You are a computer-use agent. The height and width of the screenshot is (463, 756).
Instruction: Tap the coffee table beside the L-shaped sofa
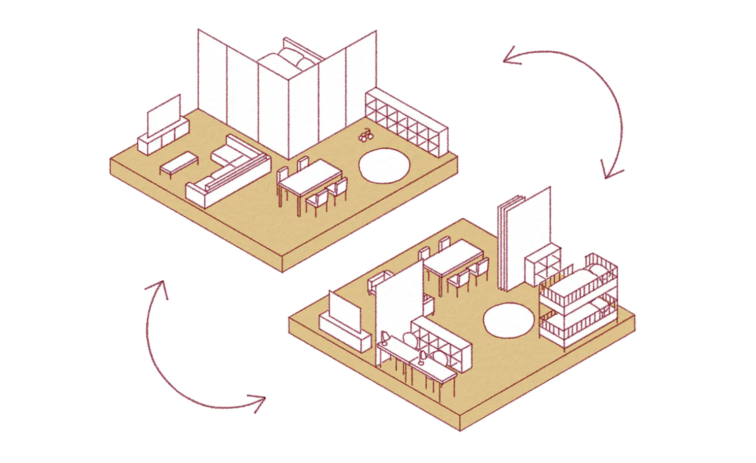pos(179,162)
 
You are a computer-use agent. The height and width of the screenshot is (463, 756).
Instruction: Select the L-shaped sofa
pos(229,173)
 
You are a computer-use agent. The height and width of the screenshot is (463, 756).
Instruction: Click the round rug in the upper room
pos(384,165)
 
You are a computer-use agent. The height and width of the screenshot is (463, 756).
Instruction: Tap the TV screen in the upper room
pos(164,115)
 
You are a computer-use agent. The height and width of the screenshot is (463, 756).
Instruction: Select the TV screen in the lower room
pos(345,310)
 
